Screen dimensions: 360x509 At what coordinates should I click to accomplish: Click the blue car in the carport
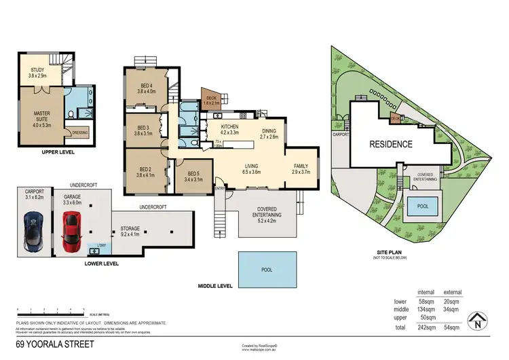click(33, 231)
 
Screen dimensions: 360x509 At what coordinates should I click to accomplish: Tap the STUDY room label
click(37, 73)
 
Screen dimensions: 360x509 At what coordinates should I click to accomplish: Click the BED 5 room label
click(193, 176)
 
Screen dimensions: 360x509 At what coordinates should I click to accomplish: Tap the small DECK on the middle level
click(210, 98)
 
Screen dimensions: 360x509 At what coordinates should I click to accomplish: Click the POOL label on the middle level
click(267, 269)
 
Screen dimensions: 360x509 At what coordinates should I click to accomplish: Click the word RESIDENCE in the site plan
click(390, 144)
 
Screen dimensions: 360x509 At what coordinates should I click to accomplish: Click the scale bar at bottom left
click(51, 311)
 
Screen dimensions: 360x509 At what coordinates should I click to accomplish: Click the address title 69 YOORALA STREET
click(55, 344)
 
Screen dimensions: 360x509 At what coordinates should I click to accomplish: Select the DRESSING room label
click(79, 133)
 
